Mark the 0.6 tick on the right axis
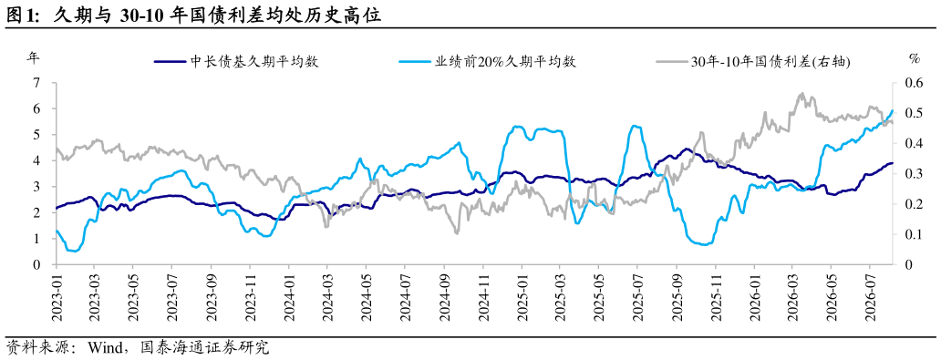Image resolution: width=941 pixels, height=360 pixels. point(907,83)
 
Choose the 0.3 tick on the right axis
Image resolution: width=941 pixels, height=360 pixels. point(907,173)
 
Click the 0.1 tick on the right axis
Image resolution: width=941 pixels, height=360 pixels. point(907,234)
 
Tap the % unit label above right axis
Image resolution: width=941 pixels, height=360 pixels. point(915,59)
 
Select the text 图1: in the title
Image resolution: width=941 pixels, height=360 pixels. point(23,16)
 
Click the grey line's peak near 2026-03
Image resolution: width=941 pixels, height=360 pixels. point(801,94)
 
